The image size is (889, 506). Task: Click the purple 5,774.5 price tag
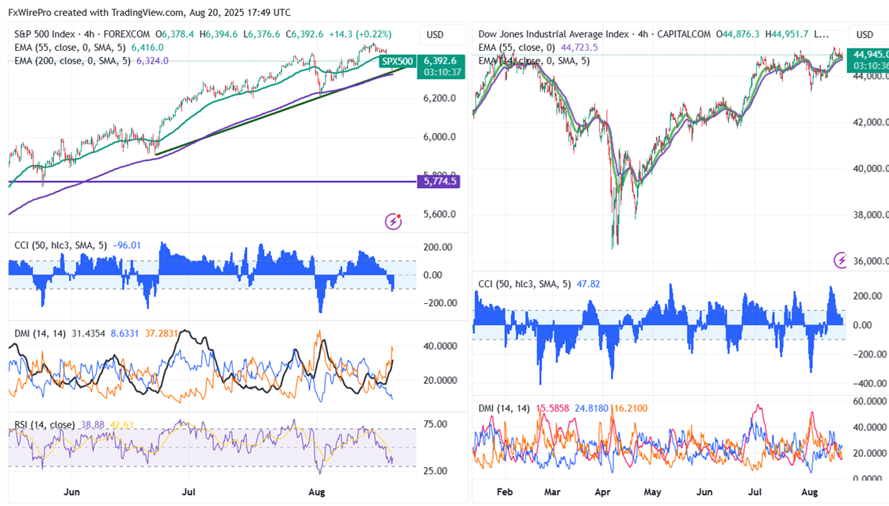coord(441,182)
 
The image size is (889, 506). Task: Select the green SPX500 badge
coord(397,61)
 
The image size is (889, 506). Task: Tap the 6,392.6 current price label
coord(440,60)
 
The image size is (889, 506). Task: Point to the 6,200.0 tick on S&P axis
coord(439,98)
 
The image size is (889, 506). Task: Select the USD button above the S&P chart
coord(435,35)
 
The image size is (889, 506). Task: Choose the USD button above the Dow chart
coord(864,35)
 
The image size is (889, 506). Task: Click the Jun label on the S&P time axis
coord(71,492)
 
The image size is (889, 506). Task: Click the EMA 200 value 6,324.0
coord(152,61)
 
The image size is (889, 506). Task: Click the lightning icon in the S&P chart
coord(394,221)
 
